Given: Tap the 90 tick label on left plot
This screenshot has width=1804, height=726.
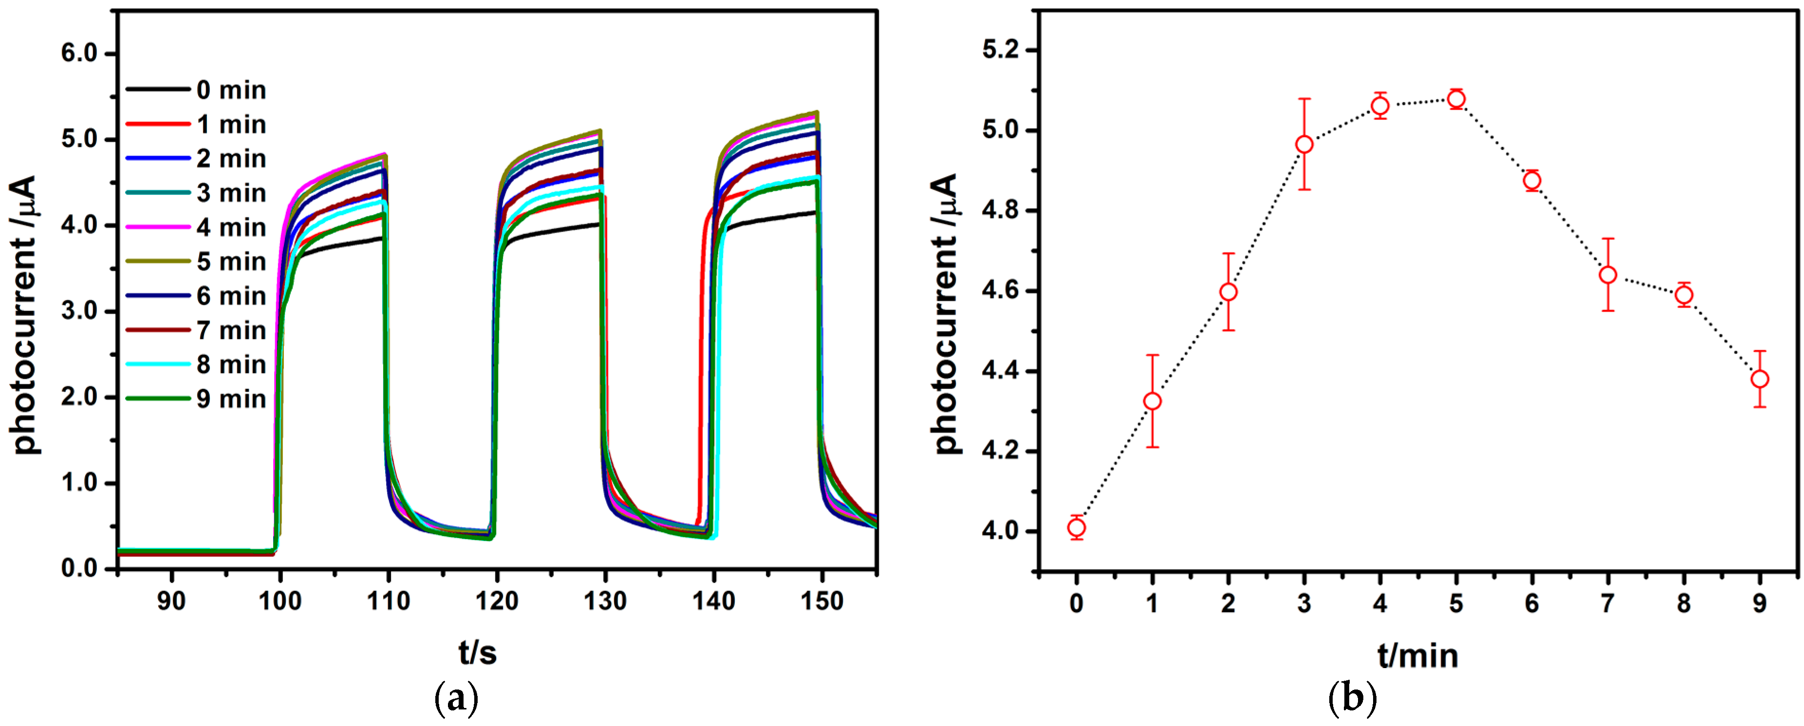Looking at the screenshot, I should click(171, 600).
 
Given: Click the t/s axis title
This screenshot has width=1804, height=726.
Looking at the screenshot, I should click(478, 653).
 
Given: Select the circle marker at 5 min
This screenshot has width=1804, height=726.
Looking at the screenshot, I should click(1456, 99).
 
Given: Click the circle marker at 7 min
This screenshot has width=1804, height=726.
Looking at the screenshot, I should click(1608, 275).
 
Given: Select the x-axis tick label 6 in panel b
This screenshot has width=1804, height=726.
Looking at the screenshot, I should click(1532, 603).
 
